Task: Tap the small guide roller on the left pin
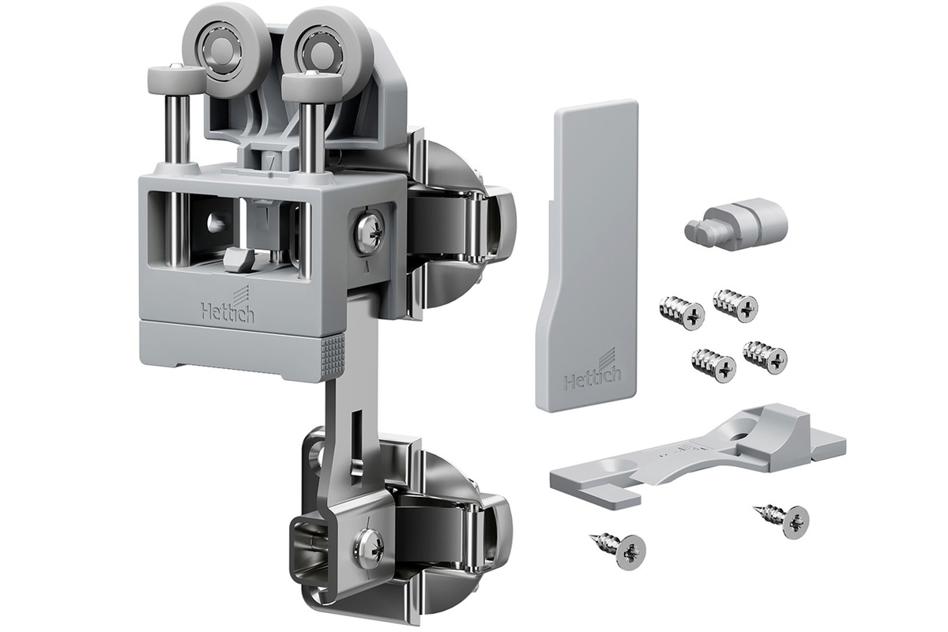pyautogui.click(x=174, y=78)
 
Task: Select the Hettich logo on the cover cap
pyautogui.click(x=592, y=371)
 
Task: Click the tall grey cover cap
pyautogui.click(x=588, y=255)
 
